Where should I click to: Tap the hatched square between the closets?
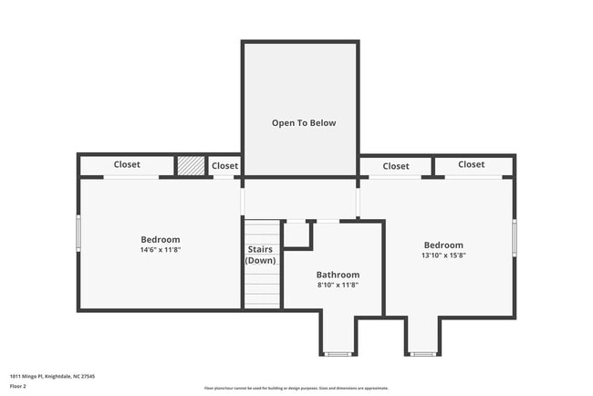(190, 165)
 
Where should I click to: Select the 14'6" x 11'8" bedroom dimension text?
(160, 250)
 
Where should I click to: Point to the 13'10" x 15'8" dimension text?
(443, 255)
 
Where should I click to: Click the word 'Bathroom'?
(338, 275)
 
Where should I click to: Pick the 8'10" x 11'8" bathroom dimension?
(338, 285)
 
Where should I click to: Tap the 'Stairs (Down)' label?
(260, 255)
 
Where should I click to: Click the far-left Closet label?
(127, 165)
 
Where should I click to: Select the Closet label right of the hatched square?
(224, 166)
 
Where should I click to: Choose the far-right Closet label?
(471, 165)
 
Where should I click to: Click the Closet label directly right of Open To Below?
(395, 166)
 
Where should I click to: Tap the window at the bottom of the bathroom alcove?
(338, 353)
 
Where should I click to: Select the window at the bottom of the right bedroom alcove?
(421, 353)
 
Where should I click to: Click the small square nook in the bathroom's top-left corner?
(297, 234)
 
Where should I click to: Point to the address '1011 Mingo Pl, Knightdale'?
(53, 376)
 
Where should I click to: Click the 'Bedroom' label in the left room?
(160, 240)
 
